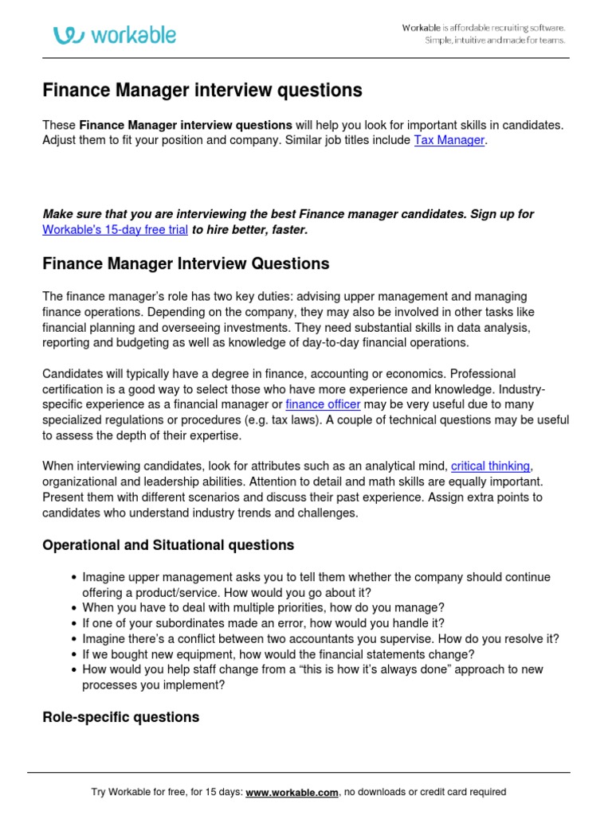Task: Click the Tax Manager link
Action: click(449, 140)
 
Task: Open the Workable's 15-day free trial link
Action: click(115, 229)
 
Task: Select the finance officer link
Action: click(323, 404)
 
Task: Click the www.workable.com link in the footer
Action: click(292, 792)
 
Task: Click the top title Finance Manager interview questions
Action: click(202, 91)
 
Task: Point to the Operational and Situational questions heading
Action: click(167, 545)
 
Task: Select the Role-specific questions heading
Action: click(120, 717)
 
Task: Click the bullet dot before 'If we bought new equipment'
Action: click(74, 654)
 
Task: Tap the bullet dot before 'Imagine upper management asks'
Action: click(74, 578)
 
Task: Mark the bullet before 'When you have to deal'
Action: click(74, 608)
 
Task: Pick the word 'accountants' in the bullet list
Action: click(367, 638)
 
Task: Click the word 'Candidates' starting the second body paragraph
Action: click(71, 373)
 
